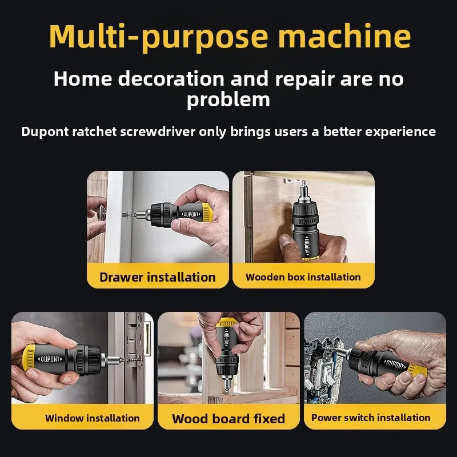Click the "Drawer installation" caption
pyautogui.click(x=157, y=278)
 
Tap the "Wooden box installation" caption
pyautogui.click(x=303, y=278)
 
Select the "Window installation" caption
pyautogui.click(x=92, y=418)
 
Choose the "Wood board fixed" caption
pyautogui.click(x=228, y=419)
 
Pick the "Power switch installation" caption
pyautogui.click(x=371, y=418)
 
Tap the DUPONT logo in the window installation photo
pyautogui.click(x=51, y=359)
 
